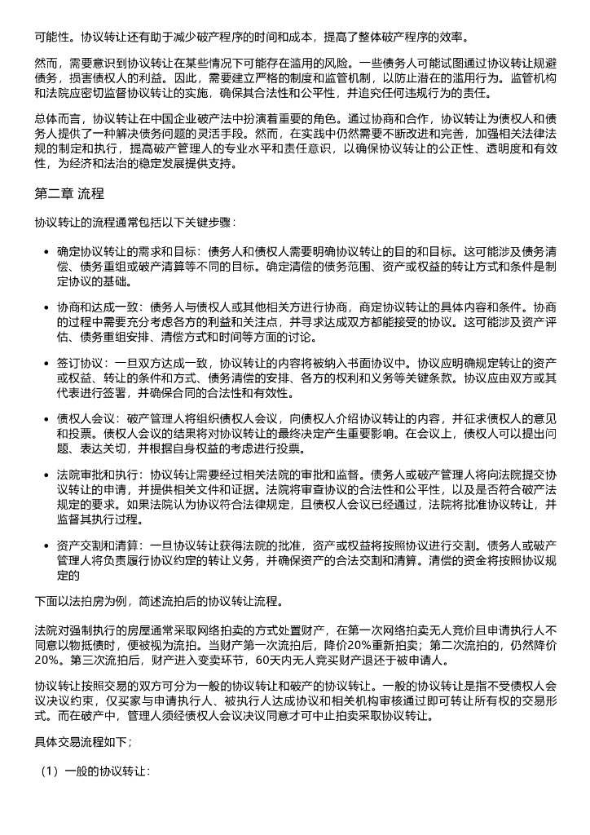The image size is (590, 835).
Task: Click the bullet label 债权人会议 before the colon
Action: [x=82, y=419]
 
